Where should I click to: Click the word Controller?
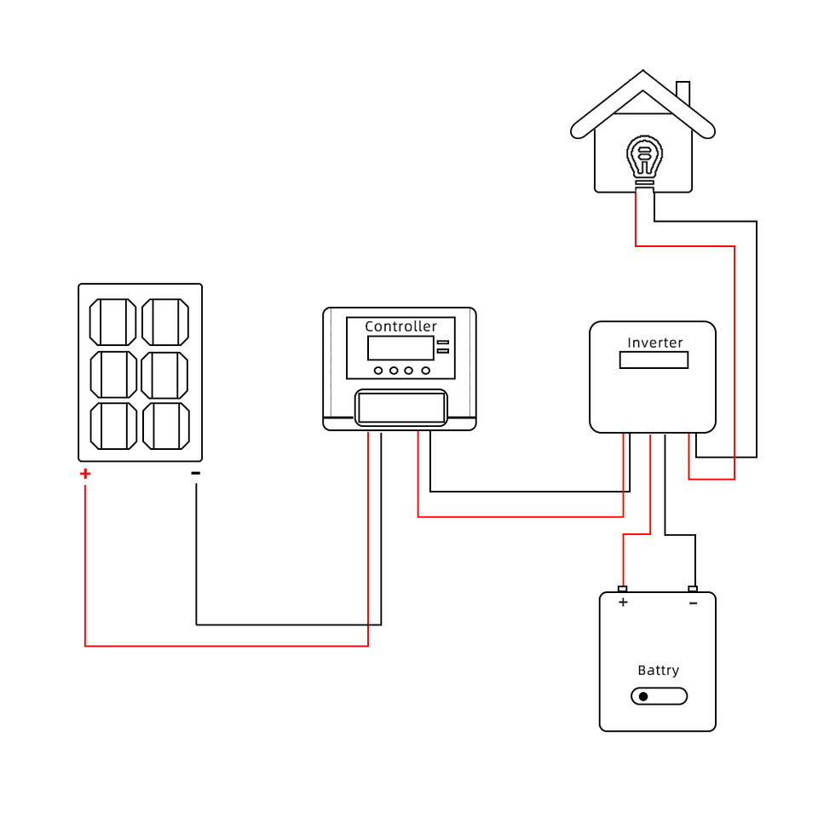400,326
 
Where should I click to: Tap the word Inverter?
654,343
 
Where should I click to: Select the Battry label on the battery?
658,671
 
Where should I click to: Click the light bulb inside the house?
644,158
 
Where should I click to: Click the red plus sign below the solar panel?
84,474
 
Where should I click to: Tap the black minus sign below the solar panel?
196,473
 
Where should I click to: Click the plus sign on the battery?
623,602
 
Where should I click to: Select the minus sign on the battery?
693,602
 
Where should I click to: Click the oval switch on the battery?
659,696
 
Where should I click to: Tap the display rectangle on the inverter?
654,360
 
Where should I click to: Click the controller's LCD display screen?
400,348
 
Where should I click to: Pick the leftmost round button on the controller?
378,371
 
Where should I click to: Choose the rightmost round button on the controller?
423,371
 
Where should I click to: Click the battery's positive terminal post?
623,589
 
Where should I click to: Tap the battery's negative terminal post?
693,589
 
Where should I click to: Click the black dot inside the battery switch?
643,696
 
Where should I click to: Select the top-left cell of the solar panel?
113,322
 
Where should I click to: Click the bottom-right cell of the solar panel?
165,426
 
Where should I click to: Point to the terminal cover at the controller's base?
400,407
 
